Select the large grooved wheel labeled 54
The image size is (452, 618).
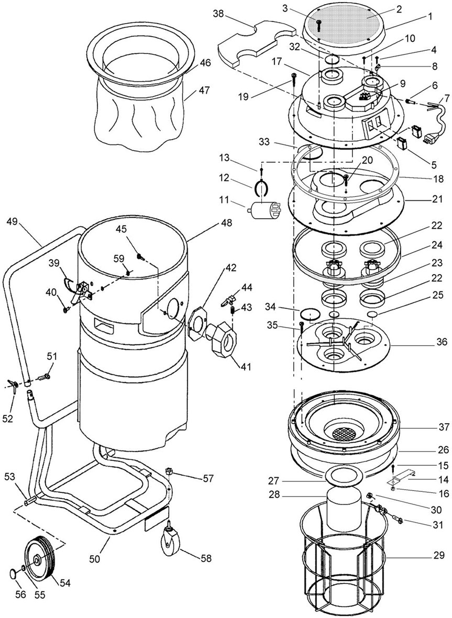tap(39, 560)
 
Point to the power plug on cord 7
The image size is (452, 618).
tap(429, 139)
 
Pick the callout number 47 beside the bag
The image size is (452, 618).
tap(204, 90)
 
